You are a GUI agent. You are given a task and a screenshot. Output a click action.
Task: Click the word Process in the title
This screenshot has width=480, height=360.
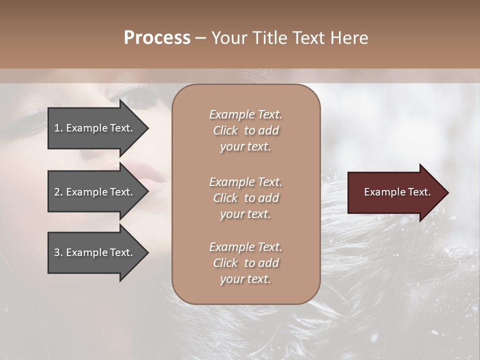pos(157,38)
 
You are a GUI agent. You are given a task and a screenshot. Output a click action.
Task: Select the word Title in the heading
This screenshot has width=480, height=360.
pos(268,38)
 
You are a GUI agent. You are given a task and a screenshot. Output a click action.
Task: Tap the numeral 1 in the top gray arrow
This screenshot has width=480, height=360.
pos(57,128)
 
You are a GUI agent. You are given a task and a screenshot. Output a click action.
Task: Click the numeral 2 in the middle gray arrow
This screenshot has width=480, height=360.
pos(57,192)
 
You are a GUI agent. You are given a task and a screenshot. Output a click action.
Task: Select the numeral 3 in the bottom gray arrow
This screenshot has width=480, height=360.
pos(57,252)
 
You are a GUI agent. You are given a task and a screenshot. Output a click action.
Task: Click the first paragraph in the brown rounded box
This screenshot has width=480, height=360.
pos(245,130)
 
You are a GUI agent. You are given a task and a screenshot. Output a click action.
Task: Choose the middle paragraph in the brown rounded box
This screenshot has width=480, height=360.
pos(245,198)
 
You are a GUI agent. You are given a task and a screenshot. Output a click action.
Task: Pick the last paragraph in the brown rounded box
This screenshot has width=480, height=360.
pos(245,263)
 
